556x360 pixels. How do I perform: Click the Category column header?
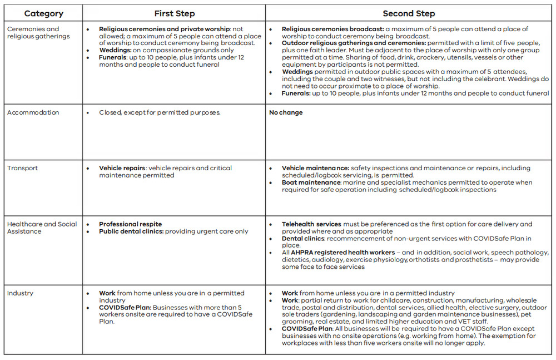point(43,13)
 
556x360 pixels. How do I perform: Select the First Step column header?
point(174,13)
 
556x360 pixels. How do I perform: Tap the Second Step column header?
point(409,13)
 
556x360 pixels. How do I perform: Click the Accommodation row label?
point(33,112)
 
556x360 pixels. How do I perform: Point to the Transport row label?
point(23,168)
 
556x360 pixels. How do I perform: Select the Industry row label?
point(20,293)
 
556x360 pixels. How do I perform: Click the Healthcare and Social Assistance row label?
point(42,228)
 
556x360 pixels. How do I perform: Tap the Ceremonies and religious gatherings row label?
point(33,32)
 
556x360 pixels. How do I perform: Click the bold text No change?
point(286,112)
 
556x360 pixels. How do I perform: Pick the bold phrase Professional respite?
point(131,224)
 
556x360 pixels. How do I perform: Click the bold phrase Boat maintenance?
point(311,183)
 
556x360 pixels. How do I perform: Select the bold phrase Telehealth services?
point(311,224)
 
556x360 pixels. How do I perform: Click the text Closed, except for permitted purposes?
point(160,112)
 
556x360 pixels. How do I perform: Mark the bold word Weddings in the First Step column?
point(115,50)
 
